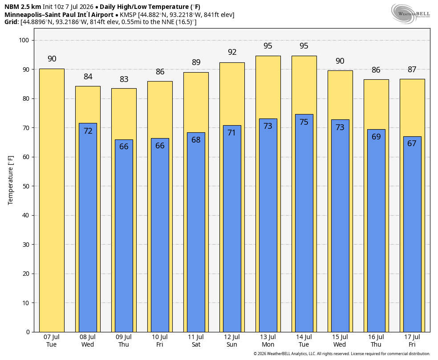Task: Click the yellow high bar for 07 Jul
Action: [52, 200]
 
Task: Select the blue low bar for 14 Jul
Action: [304, 223]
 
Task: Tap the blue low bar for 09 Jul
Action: [124, 236]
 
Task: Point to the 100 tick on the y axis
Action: [24, 40]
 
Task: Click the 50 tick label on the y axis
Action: [26, 186]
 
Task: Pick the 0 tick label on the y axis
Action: [28, 332]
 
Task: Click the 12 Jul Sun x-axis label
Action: [232, 341]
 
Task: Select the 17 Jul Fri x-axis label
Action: [412, 341]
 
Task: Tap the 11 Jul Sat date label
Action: [196, 341]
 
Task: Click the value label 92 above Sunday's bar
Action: [232, 52]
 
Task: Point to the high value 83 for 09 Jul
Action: [124, 79]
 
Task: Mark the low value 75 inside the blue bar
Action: [304, 122]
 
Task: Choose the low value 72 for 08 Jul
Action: [88, 131]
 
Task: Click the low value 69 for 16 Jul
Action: [376, 137]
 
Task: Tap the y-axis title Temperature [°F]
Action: [11, 180]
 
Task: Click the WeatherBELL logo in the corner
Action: [410, 13]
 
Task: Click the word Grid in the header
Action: [11, 22]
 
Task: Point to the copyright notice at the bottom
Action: [341, 354]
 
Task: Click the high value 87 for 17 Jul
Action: [412, 70]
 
